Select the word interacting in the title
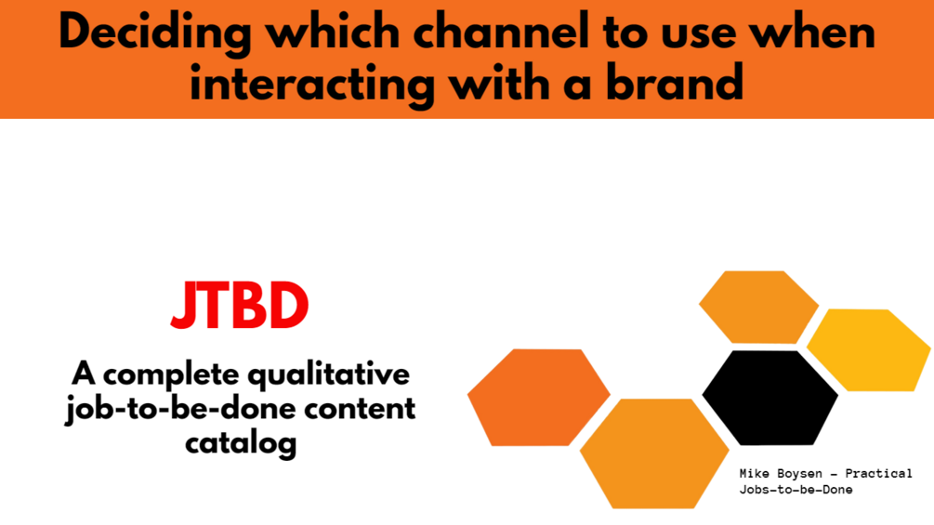[x=311, y=85]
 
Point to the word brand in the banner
[x=675, y=81]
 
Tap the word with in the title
[x=499, y=81]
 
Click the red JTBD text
[x=240, y=306]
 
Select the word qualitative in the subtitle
[x=328, y=376]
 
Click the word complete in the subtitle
[x=171, y=375]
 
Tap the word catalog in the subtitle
[x=241, y=444]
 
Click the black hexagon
[x=770, y=397]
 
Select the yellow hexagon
[x=868, y=350]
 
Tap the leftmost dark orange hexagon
[x=538, y=397]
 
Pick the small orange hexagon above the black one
[x=758, y=308]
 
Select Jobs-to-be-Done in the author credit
[x=796, y=490]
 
